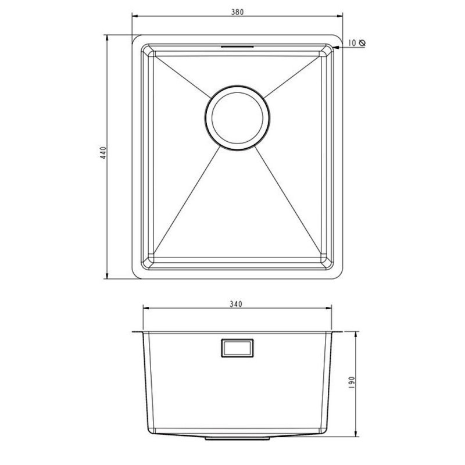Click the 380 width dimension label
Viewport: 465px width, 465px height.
[235, 10]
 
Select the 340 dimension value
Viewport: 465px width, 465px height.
[235, 303]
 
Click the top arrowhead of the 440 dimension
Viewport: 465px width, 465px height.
[109, 36]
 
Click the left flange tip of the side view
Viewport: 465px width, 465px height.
[134, 332]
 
